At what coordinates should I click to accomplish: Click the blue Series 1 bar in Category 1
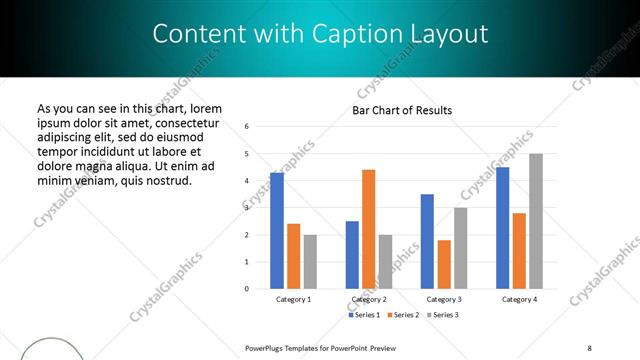tap(277, 231)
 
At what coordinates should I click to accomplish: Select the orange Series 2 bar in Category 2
tap(368, 229)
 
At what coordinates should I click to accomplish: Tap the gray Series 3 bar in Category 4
tap(536, 221)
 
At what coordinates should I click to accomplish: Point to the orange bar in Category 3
tap(444, 264)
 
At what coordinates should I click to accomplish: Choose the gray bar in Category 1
tap(310, 262)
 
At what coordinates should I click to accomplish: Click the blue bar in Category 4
tap(502, 228)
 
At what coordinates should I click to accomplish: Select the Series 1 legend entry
tap(365, 315)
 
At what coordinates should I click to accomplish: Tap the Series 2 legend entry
tap(402, 315)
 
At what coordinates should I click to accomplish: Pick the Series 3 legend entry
tap(441, 315)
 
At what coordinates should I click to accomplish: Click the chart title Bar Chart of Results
tap(402, 110)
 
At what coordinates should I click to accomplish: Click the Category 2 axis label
tap(369, 299)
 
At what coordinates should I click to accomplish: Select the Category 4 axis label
tap(519, 299)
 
